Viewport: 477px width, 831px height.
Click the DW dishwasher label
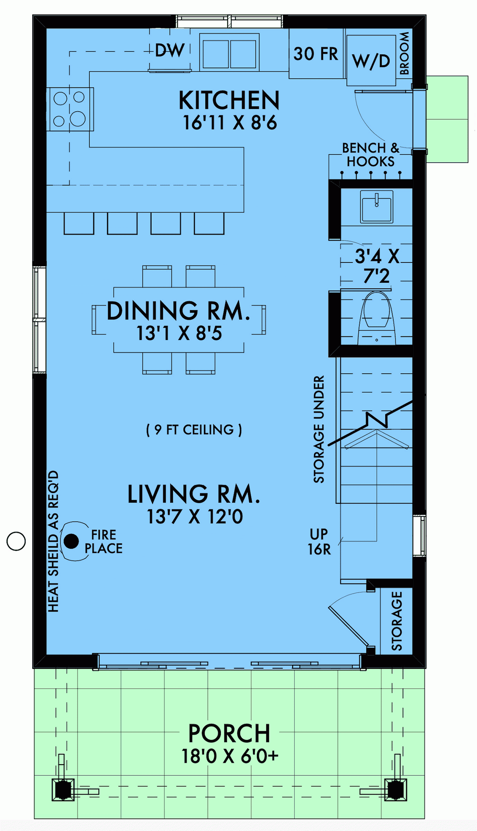(170, 50)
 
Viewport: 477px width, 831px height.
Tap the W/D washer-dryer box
(371, 60)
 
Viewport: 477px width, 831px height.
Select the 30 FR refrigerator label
(316, 54)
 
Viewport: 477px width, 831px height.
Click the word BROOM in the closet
(404, 53)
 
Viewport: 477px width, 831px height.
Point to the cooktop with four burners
(70, 109)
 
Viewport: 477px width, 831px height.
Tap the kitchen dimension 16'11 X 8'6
(230, 122)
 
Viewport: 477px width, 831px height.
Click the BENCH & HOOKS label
(370, 155)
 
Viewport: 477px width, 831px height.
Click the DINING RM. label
(179, 311)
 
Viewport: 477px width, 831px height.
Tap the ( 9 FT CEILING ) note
(194, 430)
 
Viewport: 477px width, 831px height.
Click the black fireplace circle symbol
(71, 541)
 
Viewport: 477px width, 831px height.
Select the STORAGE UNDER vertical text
(319, 429)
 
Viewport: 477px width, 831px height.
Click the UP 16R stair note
(319, 542)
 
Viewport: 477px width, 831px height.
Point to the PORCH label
(229, 734)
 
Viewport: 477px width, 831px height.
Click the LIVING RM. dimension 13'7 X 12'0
(195, 516)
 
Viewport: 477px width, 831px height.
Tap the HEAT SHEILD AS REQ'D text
(53, 541)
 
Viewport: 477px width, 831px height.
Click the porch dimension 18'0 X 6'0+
(230, 756)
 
